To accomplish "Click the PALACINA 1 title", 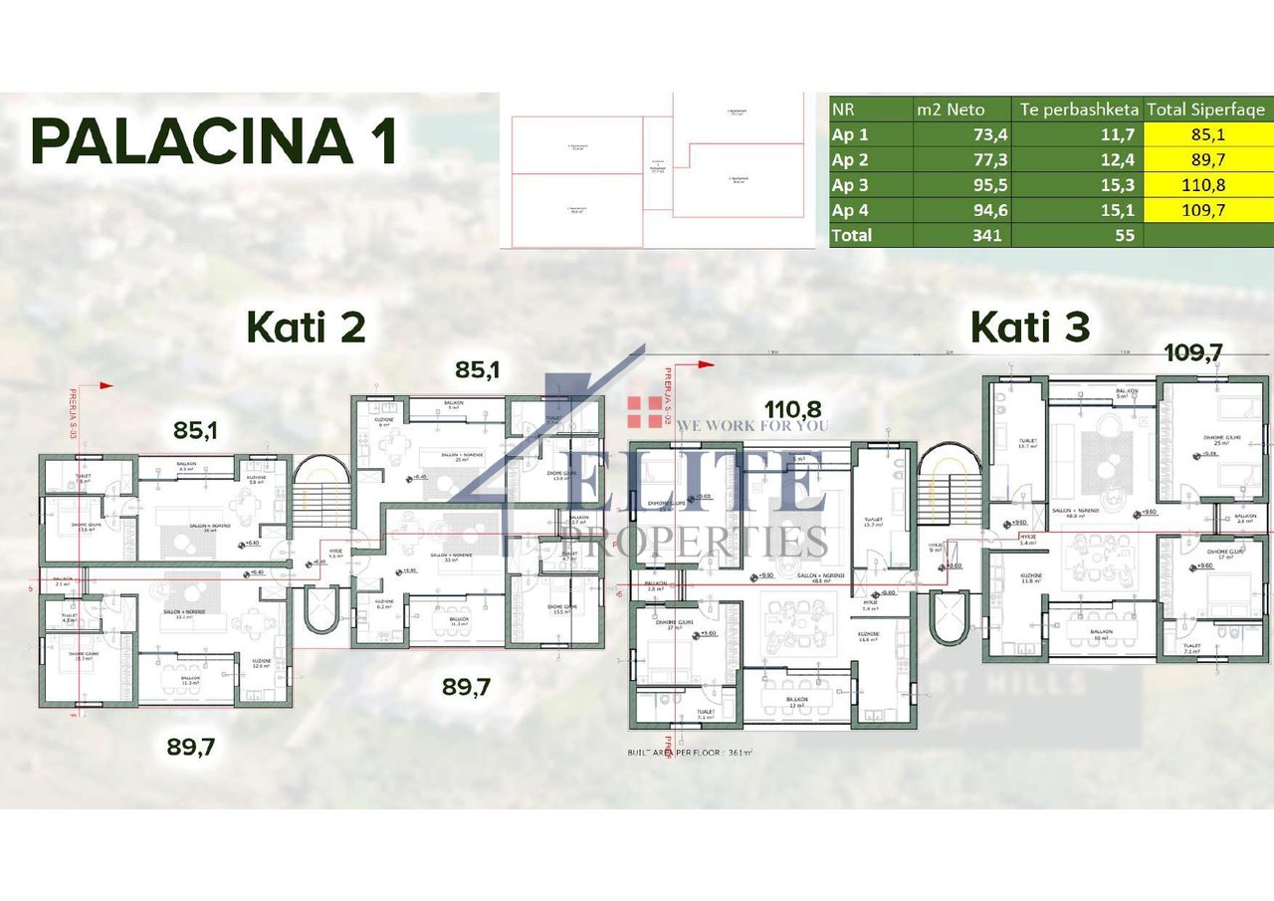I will [x=215, y=141].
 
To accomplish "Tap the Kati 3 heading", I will [x=1030, y=327].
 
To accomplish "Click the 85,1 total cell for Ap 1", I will [x=1207, y=133].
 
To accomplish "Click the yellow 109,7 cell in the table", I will [x=1207, y=209].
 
